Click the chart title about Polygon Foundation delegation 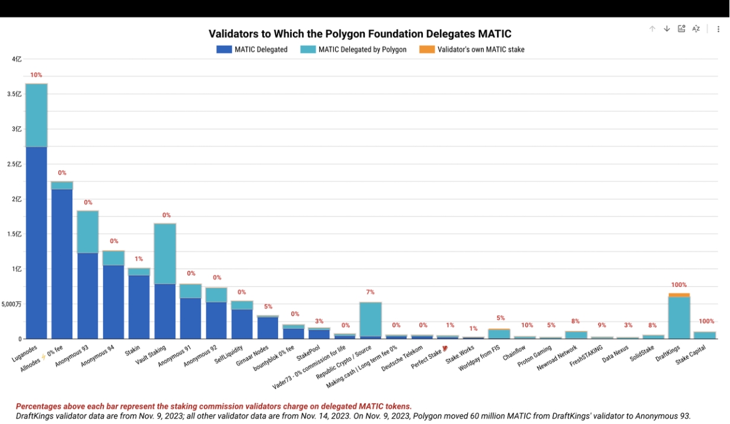pos(360,34)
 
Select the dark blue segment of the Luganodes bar pos(36,243)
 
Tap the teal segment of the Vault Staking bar pos(165,254)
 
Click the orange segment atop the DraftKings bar pos(679,295)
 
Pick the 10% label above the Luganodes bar pos(36,75)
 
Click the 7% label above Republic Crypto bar pos(370,292)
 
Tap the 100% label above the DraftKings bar pos(679,285)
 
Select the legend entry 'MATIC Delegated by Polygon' pos(362,50)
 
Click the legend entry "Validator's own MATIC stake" pos(480,50)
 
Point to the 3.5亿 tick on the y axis pos(16,94)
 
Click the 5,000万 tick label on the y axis pos(12,304)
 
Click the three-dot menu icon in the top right pos(718,29)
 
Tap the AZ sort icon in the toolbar pos(696,29)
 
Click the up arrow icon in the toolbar pos(652,29)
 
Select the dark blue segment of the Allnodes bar pos(62,264)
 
